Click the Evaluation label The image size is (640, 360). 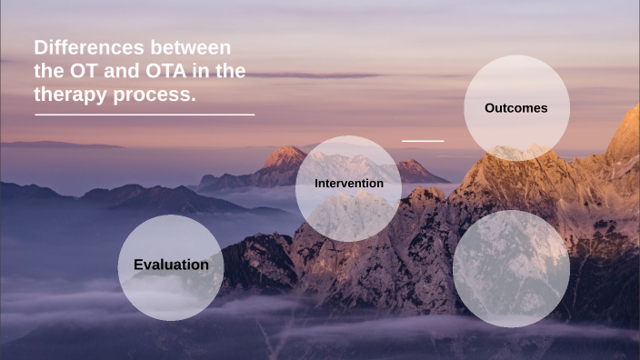pos(171,265)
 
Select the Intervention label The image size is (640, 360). pos(348,184)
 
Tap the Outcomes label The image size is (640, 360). pos(515,108)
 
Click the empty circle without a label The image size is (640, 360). pos(511,268)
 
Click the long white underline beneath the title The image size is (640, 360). pos(145,115)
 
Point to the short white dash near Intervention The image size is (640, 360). pos(423,141)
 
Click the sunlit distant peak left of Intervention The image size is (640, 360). pos(285,155)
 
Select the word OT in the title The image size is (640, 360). pos(87,71)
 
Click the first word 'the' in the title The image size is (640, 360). pos(50,71)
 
